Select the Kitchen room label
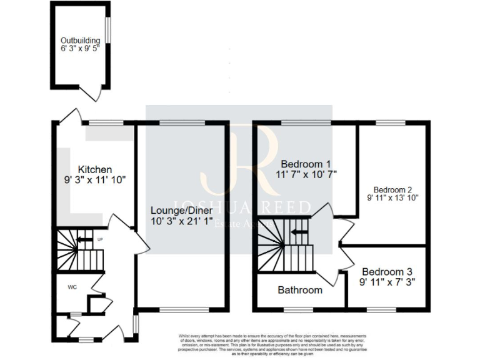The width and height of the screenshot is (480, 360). coord(95,169)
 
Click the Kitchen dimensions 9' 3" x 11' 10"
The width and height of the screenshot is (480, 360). coord(95,180)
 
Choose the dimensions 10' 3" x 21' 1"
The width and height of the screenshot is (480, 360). coord(181,221)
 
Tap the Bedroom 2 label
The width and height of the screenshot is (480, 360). coord(392,189)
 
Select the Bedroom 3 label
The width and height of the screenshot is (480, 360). coord(387,272)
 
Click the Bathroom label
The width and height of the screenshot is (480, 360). coord(300,290)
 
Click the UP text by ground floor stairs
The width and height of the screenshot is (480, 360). coord(100,239)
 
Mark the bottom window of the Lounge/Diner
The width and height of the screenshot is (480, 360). coord(181,309)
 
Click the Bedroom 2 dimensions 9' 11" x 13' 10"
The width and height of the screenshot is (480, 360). coord(392,197)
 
